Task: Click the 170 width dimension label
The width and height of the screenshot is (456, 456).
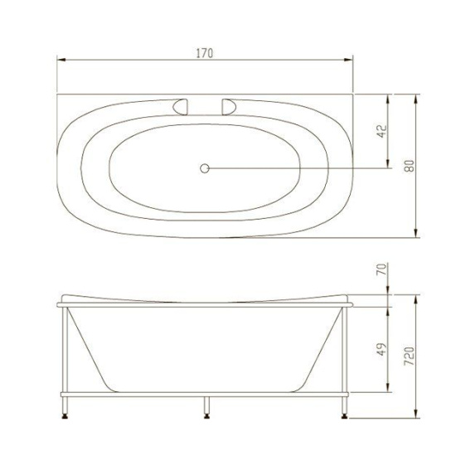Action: click(205, 54)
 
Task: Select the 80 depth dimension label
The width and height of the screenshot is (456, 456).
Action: click(408, 165)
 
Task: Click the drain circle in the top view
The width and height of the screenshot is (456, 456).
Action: click(205, 167)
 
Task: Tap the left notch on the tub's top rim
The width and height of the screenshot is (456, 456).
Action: click(180, 105)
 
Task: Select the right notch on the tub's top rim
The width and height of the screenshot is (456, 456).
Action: click(229, 105)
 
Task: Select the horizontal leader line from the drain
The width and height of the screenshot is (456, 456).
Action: click(298, 167)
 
